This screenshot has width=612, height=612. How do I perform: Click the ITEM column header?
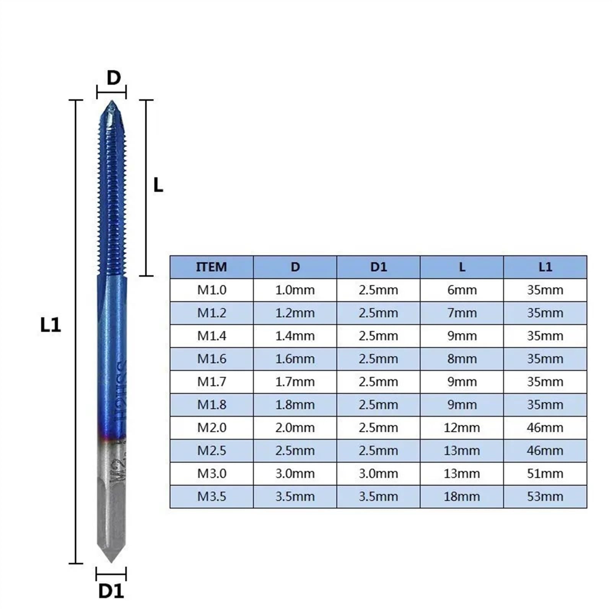click(211, 267)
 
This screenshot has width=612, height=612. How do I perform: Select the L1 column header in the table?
click(545, 267)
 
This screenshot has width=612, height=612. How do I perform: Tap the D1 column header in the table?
click(378, 267)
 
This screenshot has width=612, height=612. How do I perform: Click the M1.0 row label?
click(212, 290)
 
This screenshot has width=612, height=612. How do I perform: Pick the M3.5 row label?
click(212, 496)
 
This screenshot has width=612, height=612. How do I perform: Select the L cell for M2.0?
click(462, 428)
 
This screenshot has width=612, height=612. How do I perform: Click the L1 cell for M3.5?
click(545, 496)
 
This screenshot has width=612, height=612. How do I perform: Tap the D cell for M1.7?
click(295, 382)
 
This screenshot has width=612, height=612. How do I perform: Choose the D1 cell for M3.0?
click(378, 474)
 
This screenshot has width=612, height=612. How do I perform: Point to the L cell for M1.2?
click(462, 313)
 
